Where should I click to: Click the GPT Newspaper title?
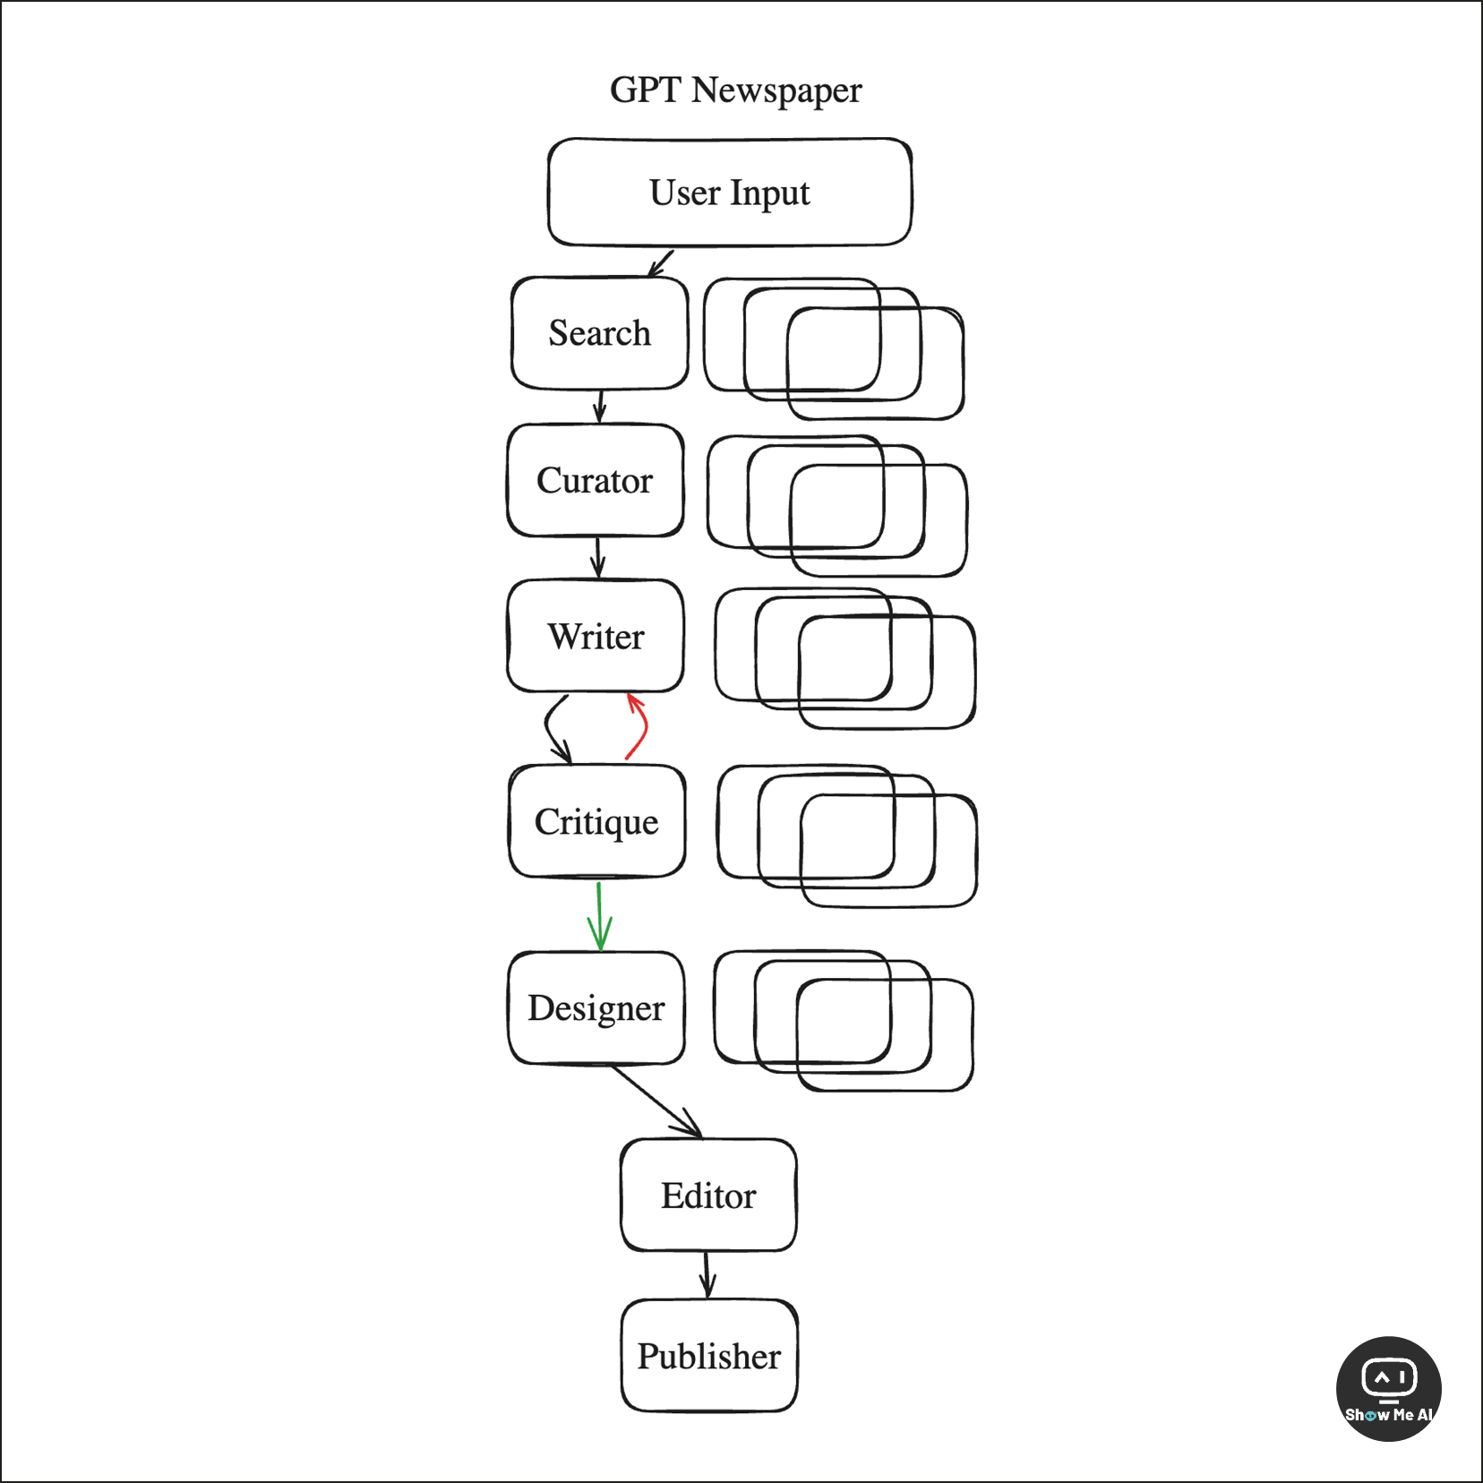[735, 90]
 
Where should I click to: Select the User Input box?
[730, 193]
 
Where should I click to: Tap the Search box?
[599, 333]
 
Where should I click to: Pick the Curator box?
[596, 481]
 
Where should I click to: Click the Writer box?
[596, 637]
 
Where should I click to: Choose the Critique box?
[596, 822]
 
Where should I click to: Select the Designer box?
[596, 1008]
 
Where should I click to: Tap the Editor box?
[708, 1196]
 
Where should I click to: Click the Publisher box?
[709, 1356]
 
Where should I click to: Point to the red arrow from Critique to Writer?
[640, 727]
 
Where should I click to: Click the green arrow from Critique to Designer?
[599, 917]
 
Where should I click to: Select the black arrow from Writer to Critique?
[553, 727]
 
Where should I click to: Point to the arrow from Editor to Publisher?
[707, 1274]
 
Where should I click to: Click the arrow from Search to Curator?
[600, 407]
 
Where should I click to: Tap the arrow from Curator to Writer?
[598, 557]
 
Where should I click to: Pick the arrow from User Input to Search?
[661, 263]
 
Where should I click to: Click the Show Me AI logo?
[1388, 1388]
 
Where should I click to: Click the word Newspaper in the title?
[776, 90]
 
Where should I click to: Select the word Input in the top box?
[769, 193]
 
